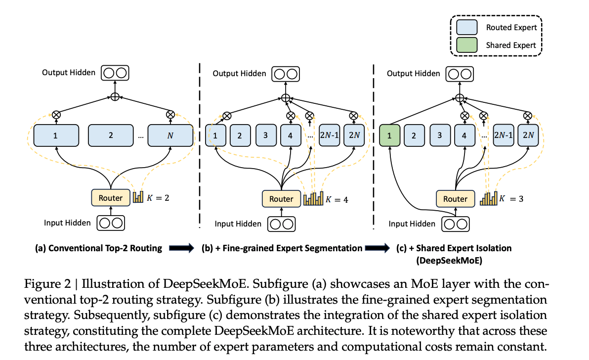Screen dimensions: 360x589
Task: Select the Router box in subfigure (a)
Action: click(110, 198)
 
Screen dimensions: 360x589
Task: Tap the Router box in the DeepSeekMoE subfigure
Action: click(455, 199)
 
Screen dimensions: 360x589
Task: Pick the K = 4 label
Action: click(336, 199)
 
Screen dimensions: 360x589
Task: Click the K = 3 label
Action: click(510, 199)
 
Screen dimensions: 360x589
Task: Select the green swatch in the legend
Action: click(467, 45)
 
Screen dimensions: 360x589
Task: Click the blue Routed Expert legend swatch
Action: click(467, 28)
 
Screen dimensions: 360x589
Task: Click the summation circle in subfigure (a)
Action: click(115, 97)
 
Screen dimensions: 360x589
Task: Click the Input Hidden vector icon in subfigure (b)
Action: click(281, 224)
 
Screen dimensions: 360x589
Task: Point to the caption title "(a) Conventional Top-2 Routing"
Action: click(98, 248)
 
